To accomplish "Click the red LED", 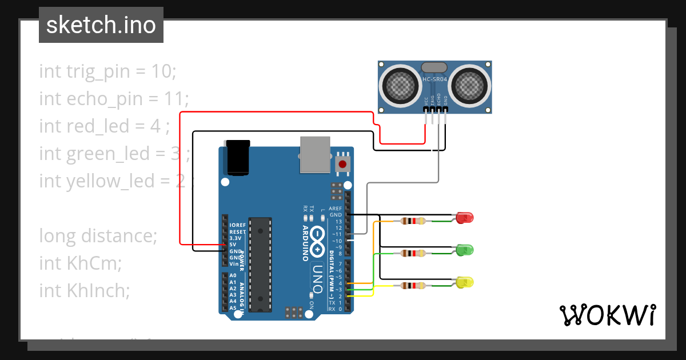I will (465, 218).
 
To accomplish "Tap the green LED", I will (465, 250).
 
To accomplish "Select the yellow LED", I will (465, 282).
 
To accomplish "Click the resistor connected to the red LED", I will (413, 221).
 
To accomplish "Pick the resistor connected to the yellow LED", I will (413, 286).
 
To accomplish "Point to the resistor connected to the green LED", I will (413, 253).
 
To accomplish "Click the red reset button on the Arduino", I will (342, 164).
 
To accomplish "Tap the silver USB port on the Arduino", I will (315, 154).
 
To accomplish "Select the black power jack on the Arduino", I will (238, 157).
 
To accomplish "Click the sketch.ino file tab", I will (101, 25).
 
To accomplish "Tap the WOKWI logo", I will (607, 315).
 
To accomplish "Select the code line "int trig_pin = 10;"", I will (108, 71).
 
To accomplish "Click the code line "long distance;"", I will (98, 235).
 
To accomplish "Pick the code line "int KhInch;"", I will (85, 290).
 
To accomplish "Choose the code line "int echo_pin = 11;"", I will (114, 98).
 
